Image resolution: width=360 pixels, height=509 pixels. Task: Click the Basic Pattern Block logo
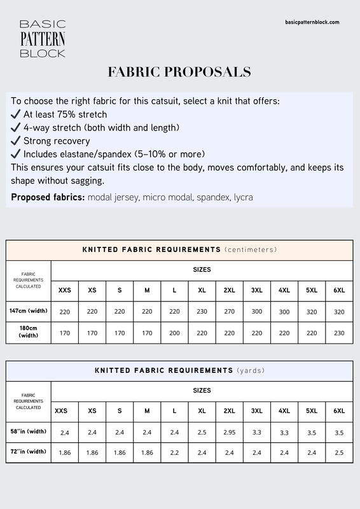tap(43, 39)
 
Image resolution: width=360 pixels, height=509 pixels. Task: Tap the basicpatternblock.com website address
tap(312, 22)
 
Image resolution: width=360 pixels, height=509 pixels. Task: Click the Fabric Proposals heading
tap(179, 71)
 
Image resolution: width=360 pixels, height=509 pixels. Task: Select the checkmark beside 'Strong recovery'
tap(16, 141)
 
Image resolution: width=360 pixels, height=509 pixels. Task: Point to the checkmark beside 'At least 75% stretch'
tap(16, 115)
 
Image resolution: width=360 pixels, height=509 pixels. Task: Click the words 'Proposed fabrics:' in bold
tap(48, 197)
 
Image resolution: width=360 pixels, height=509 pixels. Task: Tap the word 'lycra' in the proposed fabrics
tap(243, 197)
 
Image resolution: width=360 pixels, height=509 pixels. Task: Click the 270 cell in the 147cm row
tap(229, 312)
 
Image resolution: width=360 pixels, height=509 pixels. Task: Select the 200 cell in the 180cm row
tap(174, 333)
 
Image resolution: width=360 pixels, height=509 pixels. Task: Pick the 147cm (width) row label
tap(29, 311)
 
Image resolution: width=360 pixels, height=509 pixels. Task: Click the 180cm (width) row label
tap(29, 332)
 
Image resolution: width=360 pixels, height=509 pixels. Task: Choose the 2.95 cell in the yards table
tap(229, 432)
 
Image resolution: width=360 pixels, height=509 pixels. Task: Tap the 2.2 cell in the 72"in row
tap(174, 452)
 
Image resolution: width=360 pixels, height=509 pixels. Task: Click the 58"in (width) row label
tap(29, 431)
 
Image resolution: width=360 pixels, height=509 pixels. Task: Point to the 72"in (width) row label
tap(29, 452)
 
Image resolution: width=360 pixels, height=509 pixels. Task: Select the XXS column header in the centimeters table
tap(65, 290)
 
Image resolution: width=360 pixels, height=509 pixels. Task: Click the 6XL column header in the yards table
tap(339, 410)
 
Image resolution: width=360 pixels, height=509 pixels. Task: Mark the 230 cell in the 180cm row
tap(339, 333)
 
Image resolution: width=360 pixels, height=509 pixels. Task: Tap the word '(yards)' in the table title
tap(251, 370)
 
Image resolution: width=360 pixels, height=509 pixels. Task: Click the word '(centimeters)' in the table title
tap(251, 249)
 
